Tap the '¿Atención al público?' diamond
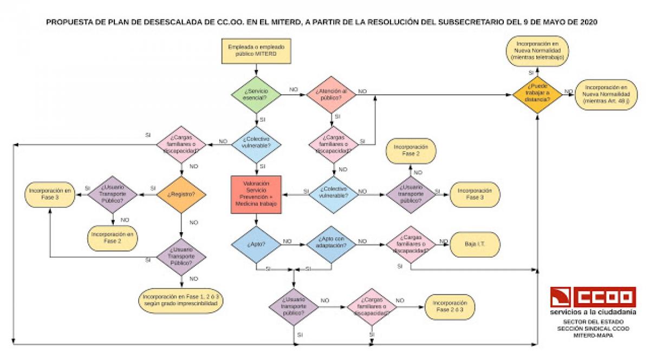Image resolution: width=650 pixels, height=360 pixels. click(331, 95)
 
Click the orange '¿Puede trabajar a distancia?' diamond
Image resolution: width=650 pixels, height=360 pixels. click(537, 95)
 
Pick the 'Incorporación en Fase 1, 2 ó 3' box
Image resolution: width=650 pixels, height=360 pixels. click(180, 301)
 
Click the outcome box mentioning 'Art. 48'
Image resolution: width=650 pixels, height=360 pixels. click(606, 95)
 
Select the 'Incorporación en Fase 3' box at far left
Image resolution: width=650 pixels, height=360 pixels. click(50, 194)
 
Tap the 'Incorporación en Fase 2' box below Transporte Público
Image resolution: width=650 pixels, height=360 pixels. click(113, 237)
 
